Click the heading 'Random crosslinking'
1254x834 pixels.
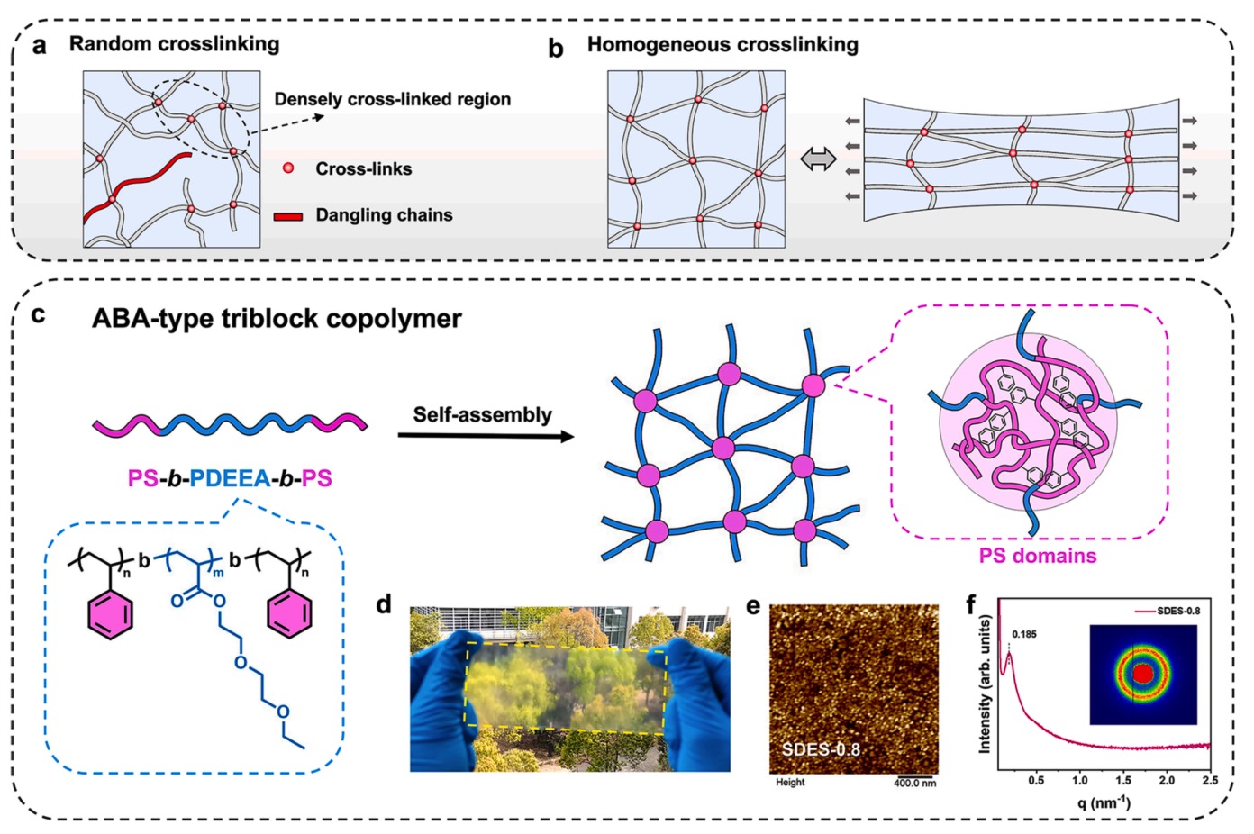(x=174, y=44)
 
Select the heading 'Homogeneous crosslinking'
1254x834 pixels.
(x=722, y=45)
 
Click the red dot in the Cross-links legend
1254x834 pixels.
(x=288, y=168)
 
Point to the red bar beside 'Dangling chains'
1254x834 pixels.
(x=288, y=216)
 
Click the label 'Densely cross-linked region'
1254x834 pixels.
(x=392, y=99)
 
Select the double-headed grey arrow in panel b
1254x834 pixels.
(x=818, y=160)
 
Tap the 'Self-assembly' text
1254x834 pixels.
(x=482, y=414)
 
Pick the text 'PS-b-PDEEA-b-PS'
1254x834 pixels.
(x=230, y=477)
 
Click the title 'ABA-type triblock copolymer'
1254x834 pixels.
(x=277, y=319)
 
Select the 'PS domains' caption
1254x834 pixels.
(x=1038, y=556)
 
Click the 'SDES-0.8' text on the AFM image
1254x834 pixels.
(x=821, y=749)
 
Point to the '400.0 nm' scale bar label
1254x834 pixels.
(x=914, y=783)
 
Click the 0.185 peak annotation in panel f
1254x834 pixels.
(x=1023, y=634)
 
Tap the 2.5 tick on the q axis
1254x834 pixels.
(x=1209, y=780)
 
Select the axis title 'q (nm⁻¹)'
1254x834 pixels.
(x=1104, y=802)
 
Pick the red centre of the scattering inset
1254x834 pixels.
(x=1142, y=674)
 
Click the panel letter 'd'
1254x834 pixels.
(x=385, y=604)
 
